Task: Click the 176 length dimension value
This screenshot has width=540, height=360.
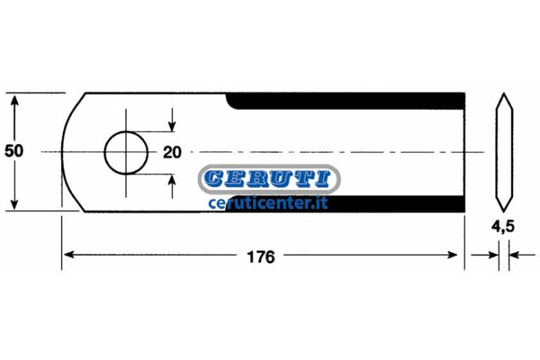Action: [x=261, y=257]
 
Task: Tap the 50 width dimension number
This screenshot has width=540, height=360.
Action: [x=14, y=151]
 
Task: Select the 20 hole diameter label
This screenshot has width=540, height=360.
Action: [x=172, y=152]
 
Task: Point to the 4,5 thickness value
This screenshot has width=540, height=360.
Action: [x=503, y=226]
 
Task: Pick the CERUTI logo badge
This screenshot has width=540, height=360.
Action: [x=269, y=179]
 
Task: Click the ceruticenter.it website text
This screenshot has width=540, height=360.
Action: [x=268, y=203]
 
